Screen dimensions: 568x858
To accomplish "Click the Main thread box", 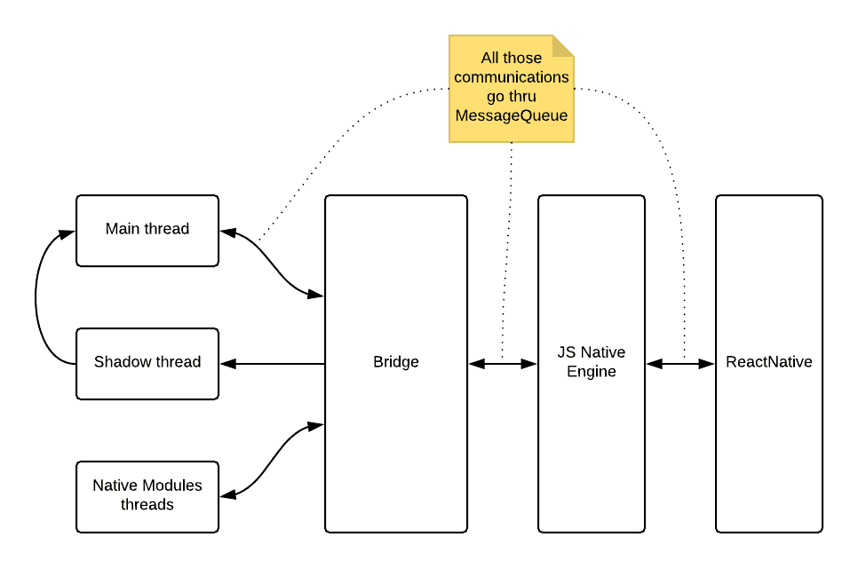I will coord(147,230).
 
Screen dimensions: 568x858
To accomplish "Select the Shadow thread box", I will coord(147,363).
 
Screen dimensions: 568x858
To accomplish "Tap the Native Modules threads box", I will coord(147,496).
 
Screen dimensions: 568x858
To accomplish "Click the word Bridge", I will coord(396,363).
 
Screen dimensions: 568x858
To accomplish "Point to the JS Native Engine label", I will coord(592,363).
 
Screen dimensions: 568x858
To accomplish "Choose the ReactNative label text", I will coord(769,363).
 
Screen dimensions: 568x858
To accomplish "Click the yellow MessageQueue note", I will coord(511,89).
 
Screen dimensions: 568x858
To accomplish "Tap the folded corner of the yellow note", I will coord(564,45).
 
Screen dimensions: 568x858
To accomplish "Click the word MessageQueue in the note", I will coord(512,116).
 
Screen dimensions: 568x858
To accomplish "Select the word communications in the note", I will coord(512,77).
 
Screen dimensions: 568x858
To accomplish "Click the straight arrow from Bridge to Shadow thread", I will coord(275,363).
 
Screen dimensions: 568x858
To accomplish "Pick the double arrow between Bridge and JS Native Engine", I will coord(503,363).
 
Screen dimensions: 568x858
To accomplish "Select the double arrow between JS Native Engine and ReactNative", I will coord(680,363).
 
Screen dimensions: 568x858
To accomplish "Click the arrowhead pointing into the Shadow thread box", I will coord(226,363).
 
